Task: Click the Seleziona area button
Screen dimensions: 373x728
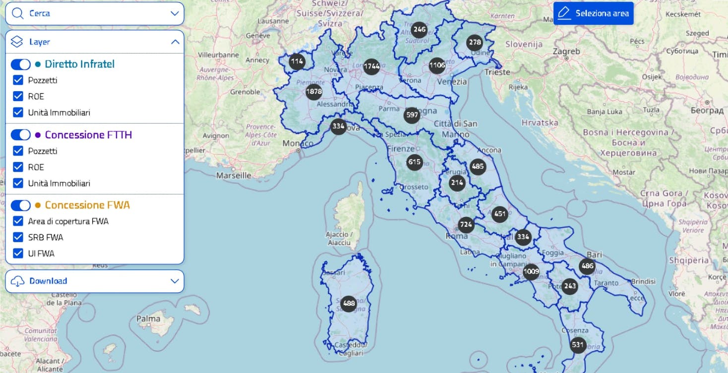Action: [593, 13]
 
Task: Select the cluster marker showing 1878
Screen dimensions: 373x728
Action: [314, 92]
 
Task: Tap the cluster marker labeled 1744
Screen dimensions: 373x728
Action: [371, 66]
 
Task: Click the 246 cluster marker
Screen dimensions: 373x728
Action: [420, 29]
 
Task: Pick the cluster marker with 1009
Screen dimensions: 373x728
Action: [531, 271]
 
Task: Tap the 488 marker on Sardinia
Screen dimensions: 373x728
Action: [349, 304]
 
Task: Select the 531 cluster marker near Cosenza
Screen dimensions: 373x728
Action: [578, 345]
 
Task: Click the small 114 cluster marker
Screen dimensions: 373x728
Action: [297, 62]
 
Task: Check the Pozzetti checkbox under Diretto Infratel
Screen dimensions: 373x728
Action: [18, 80]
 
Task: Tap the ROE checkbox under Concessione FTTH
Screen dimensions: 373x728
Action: [18, 167]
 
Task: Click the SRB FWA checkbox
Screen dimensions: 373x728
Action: [18, 237]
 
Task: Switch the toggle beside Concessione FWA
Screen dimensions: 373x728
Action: [21, 205]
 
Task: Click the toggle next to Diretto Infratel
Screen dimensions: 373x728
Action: [21, 64]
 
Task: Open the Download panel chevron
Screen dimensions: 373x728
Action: [175, 281]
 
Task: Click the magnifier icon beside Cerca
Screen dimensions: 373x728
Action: [18, 13]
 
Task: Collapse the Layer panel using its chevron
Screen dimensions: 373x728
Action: [175, 42]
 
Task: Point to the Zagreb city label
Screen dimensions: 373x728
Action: [566, 52]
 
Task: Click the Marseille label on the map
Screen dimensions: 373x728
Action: [234, 175]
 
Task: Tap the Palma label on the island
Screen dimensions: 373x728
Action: [148, 319]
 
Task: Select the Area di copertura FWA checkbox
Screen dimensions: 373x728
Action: [18, 221]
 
